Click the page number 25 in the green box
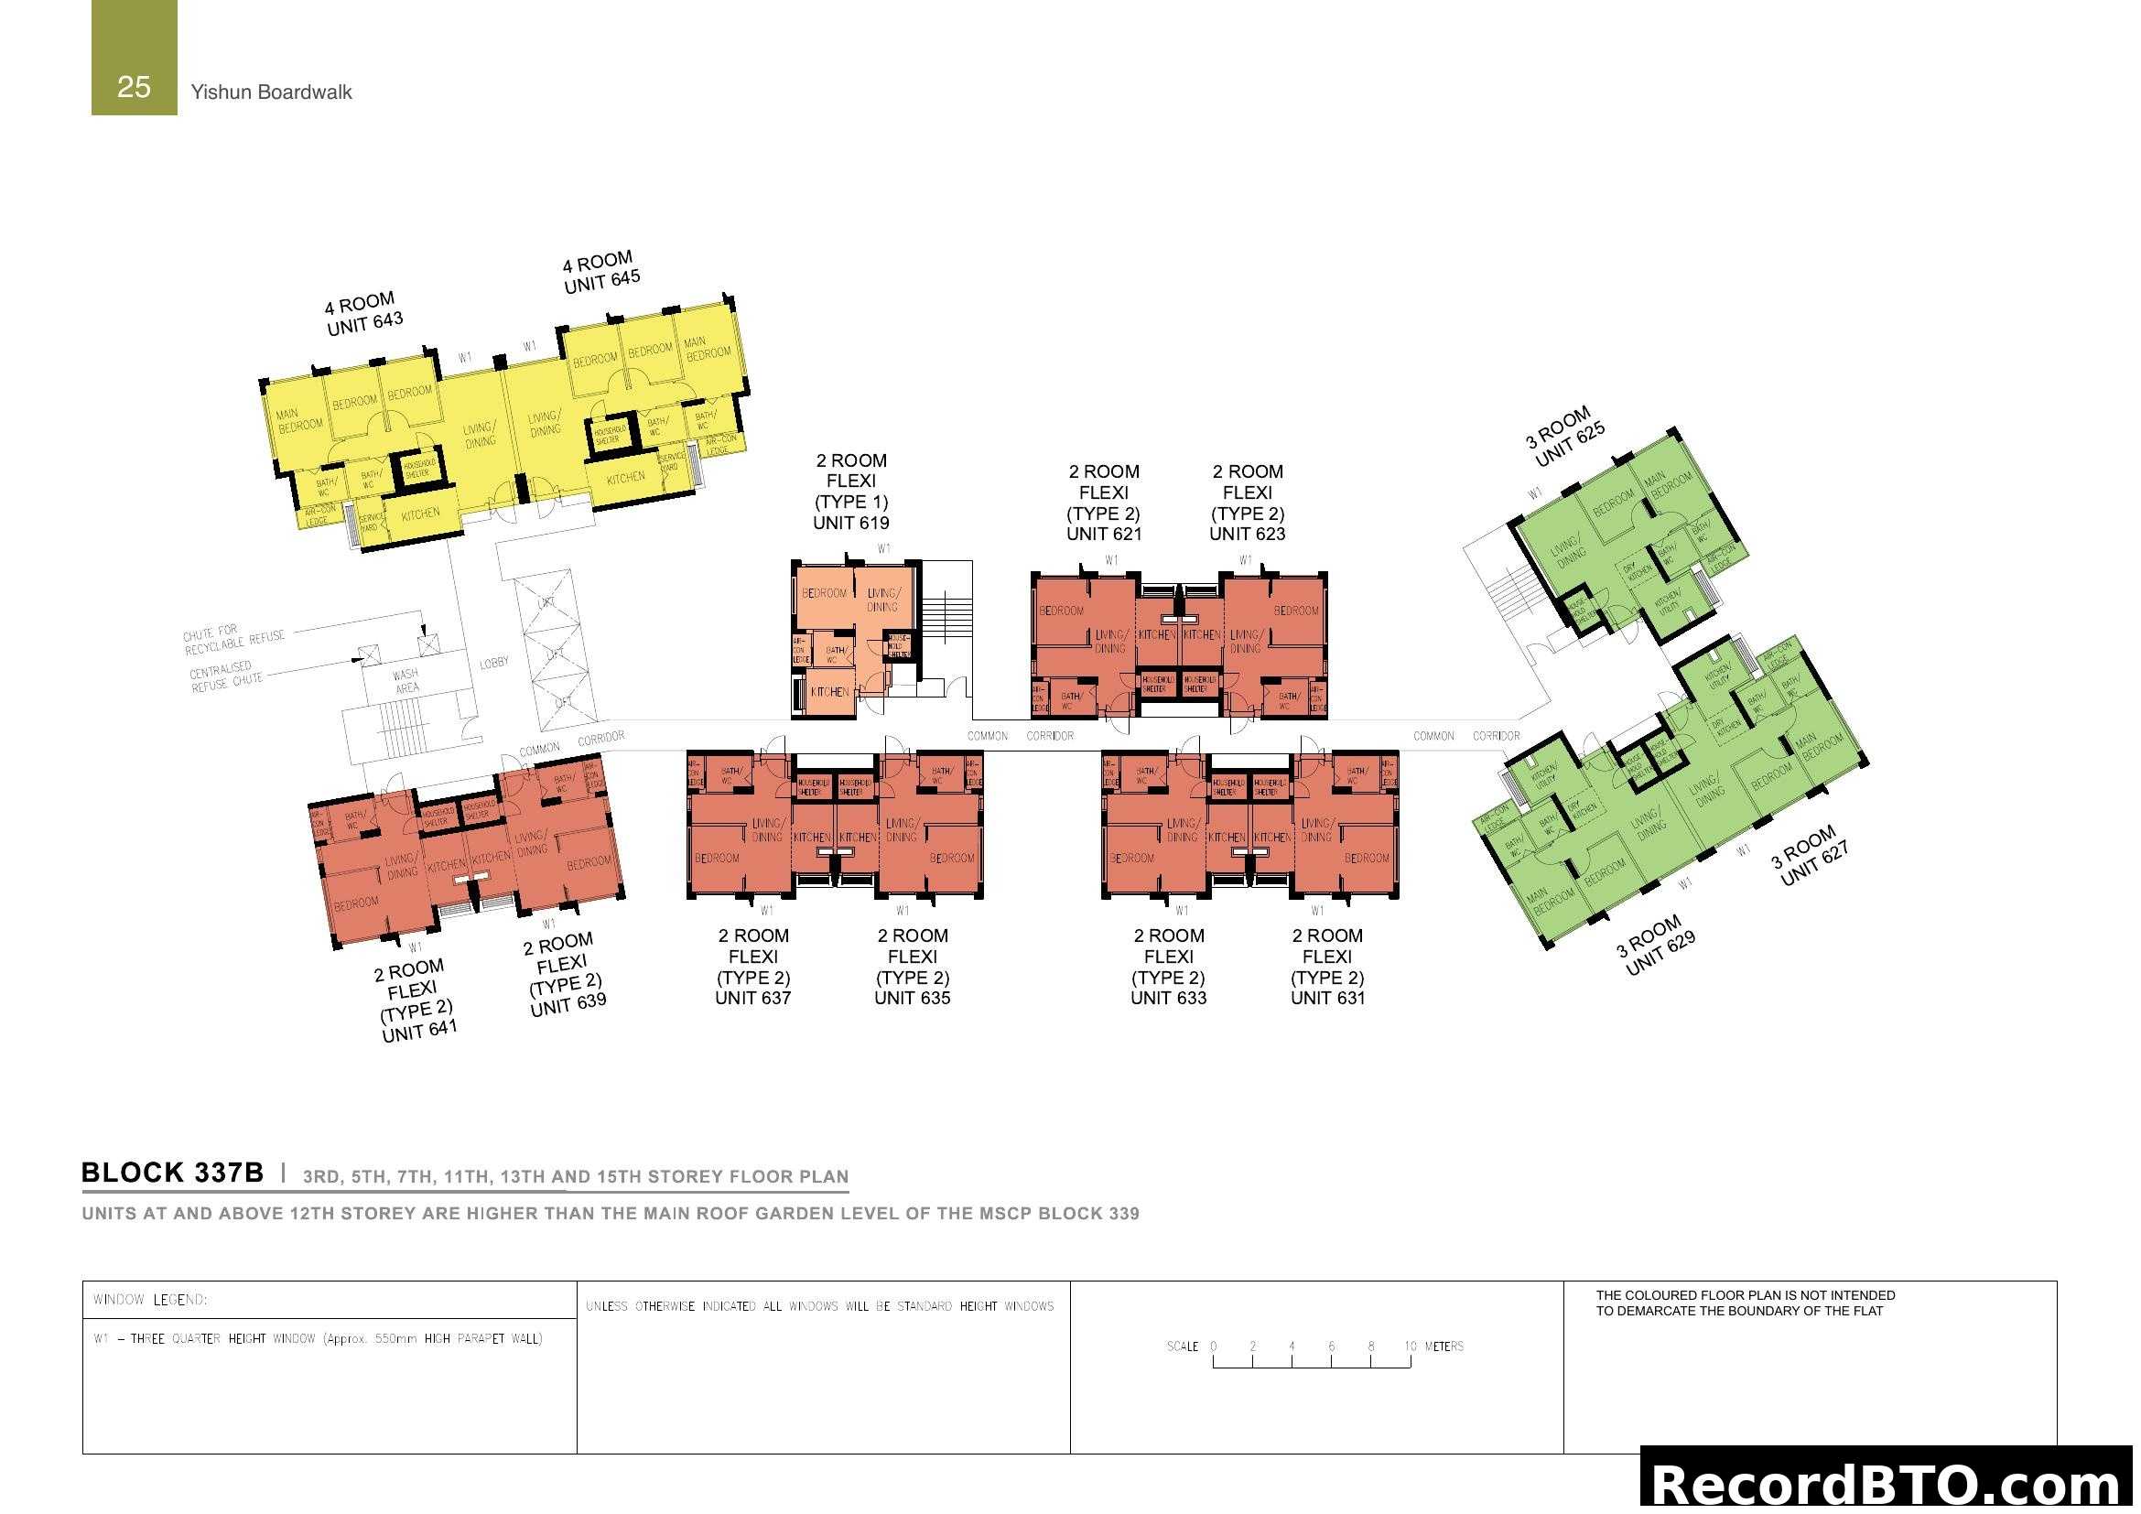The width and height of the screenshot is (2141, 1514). pyautogui.click(x=134, y=87)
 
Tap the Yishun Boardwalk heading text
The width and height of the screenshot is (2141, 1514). pyautogui.click(x=271, y=92)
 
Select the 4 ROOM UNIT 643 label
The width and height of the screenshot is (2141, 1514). pyautogui.click(x=363, y=313)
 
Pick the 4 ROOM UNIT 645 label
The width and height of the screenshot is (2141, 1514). pyautogui.click(x=600, y=271)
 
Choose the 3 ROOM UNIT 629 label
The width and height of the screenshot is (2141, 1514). pyautogui.click(x=1656, y=946)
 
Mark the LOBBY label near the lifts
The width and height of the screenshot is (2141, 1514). pyautogui.click(x=494, y=663)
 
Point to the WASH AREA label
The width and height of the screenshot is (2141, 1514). pyautogui.click(x=405, y=680)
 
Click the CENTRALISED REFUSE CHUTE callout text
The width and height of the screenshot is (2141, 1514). pyautogui.click(x=226, y=676)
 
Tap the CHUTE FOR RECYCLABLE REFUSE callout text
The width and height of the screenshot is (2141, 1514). pyautogui.click(x=233, y=639)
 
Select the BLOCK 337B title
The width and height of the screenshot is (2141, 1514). pyautogui.click(x=172, y=1173)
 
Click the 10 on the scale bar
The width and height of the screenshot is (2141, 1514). pyautogui.click(x=1410, y=1346)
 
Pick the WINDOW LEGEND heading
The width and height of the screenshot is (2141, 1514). pyautogui.click(x=150, y=1300)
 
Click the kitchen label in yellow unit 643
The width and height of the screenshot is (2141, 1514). pyautogui.click(x=420, y=514)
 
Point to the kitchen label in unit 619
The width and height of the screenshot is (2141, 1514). pyautogui.click(x=829, y=692)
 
